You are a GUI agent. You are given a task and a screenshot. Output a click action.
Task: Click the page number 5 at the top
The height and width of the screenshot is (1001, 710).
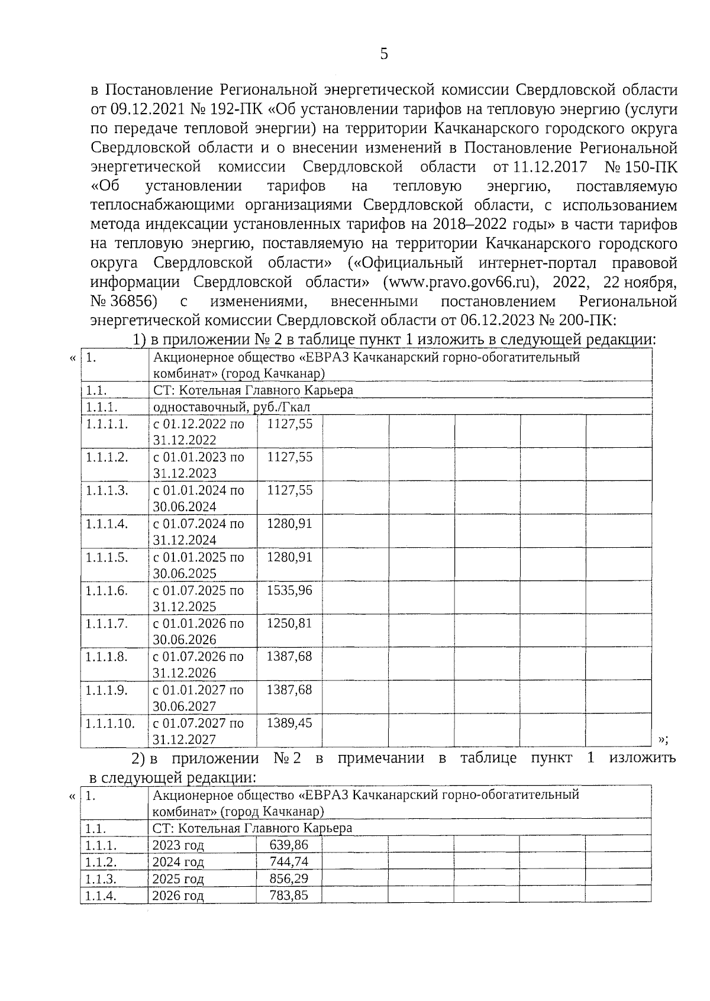point(384,54)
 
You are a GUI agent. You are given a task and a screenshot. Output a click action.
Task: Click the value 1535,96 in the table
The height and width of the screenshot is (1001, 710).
point(289,590)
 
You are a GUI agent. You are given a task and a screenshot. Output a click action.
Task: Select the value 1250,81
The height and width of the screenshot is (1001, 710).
point(289,623)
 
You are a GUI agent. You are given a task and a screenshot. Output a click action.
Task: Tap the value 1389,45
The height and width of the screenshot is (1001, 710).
point(289,722)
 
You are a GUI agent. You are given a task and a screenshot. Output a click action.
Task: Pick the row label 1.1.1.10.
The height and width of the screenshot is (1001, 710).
point(110,723)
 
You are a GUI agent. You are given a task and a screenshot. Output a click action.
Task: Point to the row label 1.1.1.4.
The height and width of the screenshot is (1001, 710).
point(106,524)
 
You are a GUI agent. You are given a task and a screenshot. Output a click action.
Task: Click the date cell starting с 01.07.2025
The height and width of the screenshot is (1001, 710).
point(198,598)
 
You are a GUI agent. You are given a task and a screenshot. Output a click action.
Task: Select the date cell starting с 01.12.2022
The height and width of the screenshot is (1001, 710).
point(198,432)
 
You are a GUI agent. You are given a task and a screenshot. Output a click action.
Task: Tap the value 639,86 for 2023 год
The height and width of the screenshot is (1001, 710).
point(289,845)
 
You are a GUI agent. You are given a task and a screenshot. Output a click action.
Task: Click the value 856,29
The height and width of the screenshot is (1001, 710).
point(289,879)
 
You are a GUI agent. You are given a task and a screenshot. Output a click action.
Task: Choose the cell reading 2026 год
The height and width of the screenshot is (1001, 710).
point(178,896)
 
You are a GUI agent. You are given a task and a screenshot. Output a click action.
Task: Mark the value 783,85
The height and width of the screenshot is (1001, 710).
point(289,895)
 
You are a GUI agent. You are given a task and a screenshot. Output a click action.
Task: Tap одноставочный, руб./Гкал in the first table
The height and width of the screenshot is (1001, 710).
point(231,407)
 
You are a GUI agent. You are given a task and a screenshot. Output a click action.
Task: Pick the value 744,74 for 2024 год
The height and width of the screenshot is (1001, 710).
point(289,861)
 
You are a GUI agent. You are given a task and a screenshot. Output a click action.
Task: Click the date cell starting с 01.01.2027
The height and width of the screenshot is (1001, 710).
point(198,697)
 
